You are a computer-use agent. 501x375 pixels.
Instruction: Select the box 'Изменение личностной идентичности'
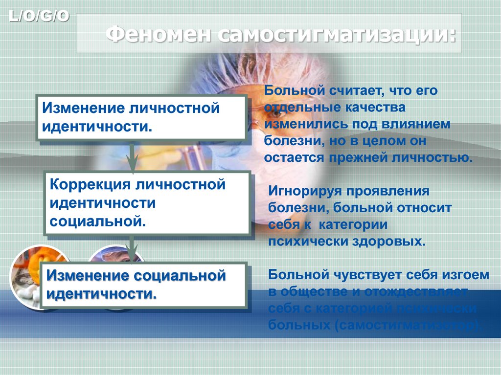coord(141,117)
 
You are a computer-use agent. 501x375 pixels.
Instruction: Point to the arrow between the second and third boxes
coord(131,247)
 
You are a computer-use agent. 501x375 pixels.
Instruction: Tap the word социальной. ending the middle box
coord(98,221)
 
